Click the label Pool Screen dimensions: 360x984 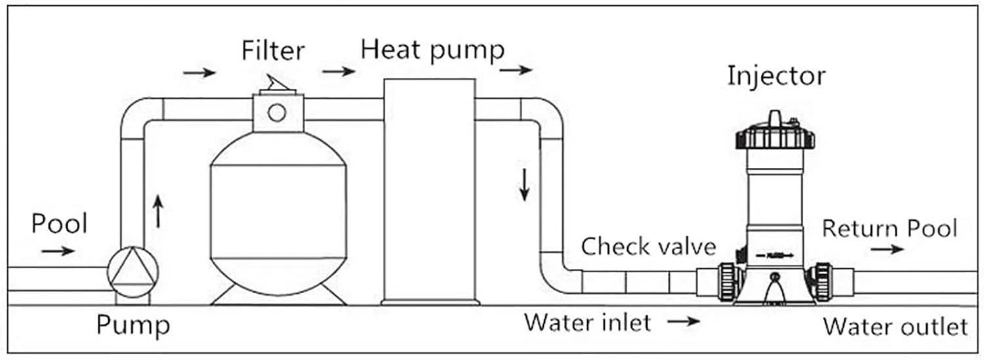tap(59, 224)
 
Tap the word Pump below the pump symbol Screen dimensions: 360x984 tap(133, 325)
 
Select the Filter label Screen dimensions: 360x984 tap(273, 50)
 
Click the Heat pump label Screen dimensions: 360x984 tap(432, 50)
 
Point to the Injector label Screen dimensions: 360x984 tap(776, 76)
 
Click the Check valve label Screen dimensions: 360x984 tap(649, 247)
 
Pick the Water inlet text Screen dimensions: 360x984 tap(587, 322)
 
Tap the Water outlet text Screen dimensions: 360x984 tap(895, 326)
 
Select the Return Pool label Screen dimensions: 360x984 tap(889, 229)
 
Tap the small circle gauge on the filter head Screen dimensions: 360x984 tap(277, 113)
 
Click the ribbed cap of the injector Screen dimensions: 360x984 tap(775, 137)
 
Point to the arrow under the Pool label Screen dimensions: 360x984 tap(58, 250)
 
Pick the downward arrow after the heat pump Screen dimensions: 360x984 tap(524, 184)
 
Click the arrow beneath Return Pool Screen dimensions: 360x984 tap(888, 249)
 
